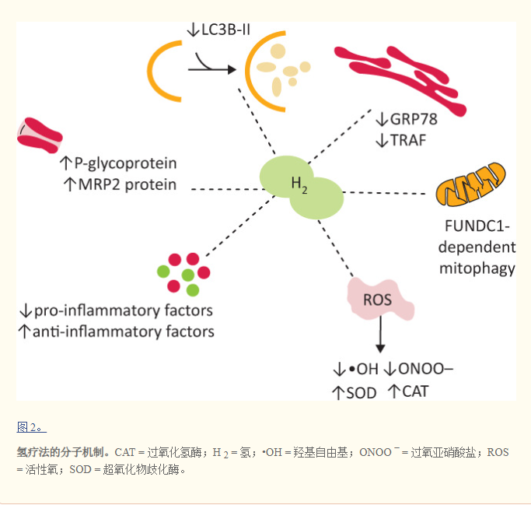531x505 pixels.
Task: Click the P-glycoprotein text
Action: pyautogui.click(x=124, y=164)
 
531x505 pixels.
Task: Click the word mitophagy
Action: pyautogui.click(x=477, y=269)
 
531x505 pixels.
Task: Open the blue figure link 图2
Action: pyautogui.click(x=31, y=426)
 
